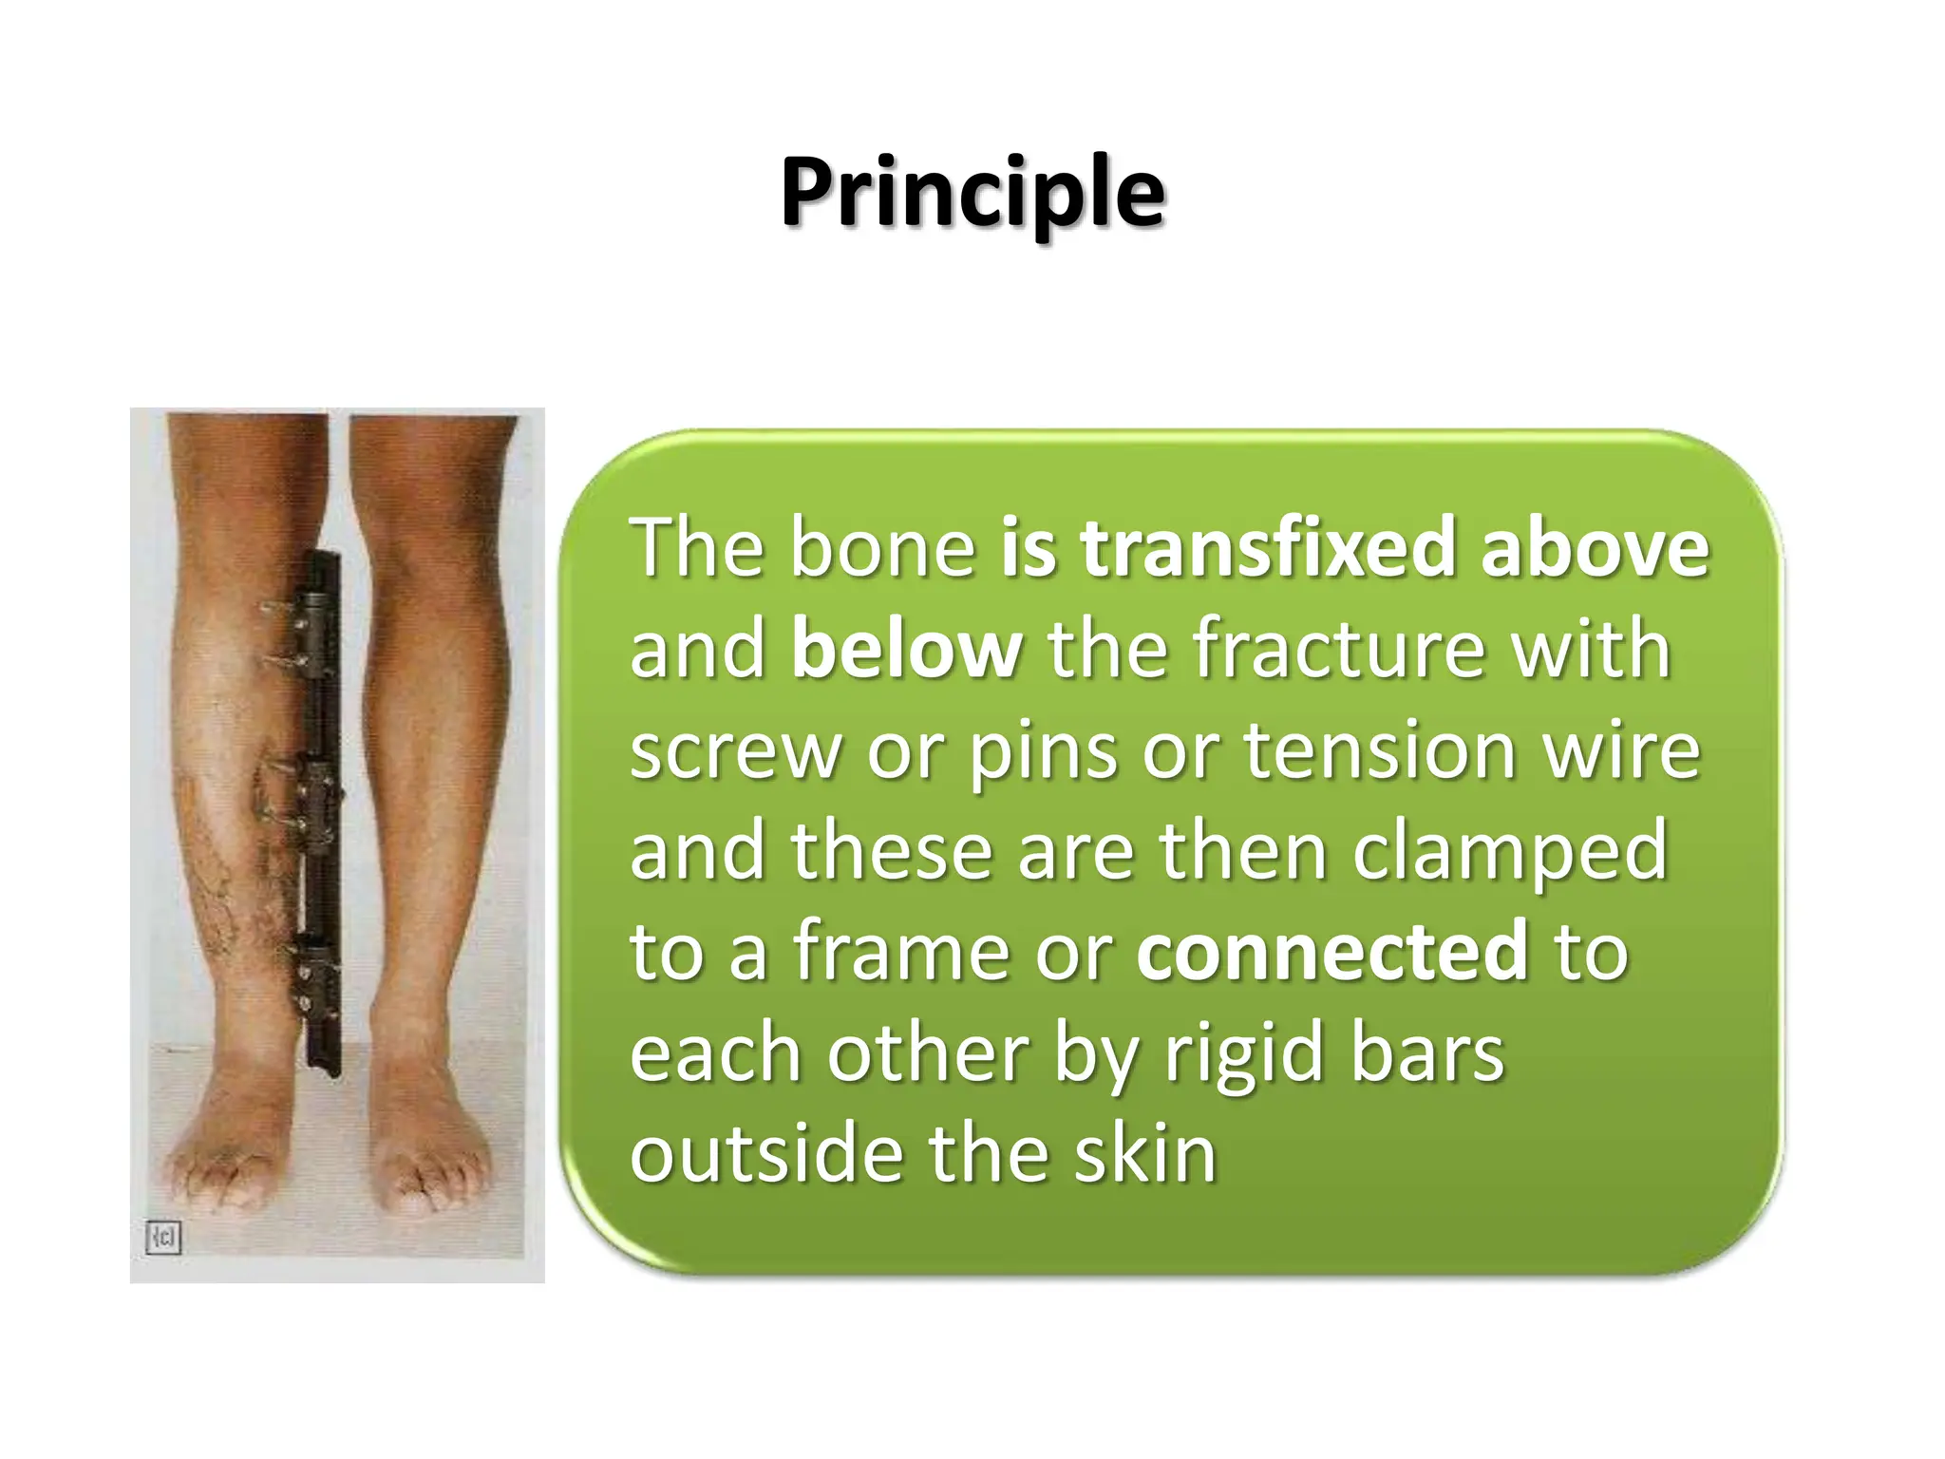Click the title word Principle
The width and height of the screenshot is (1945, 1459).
[972, 195]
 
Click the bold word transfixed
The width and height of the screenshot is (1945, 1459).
[1268, 548]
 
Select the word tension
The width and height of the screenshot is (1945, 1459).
[1377, 750]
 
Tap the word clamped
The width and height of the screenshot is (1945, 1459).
[1509, 852]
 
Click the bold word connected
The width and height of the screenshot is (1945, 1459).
[1331, 953]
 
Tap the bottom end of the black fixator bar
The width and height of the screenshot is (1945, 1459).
[324, 1071]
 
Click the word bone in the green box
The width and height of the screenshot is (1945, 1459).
[883, 548]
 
